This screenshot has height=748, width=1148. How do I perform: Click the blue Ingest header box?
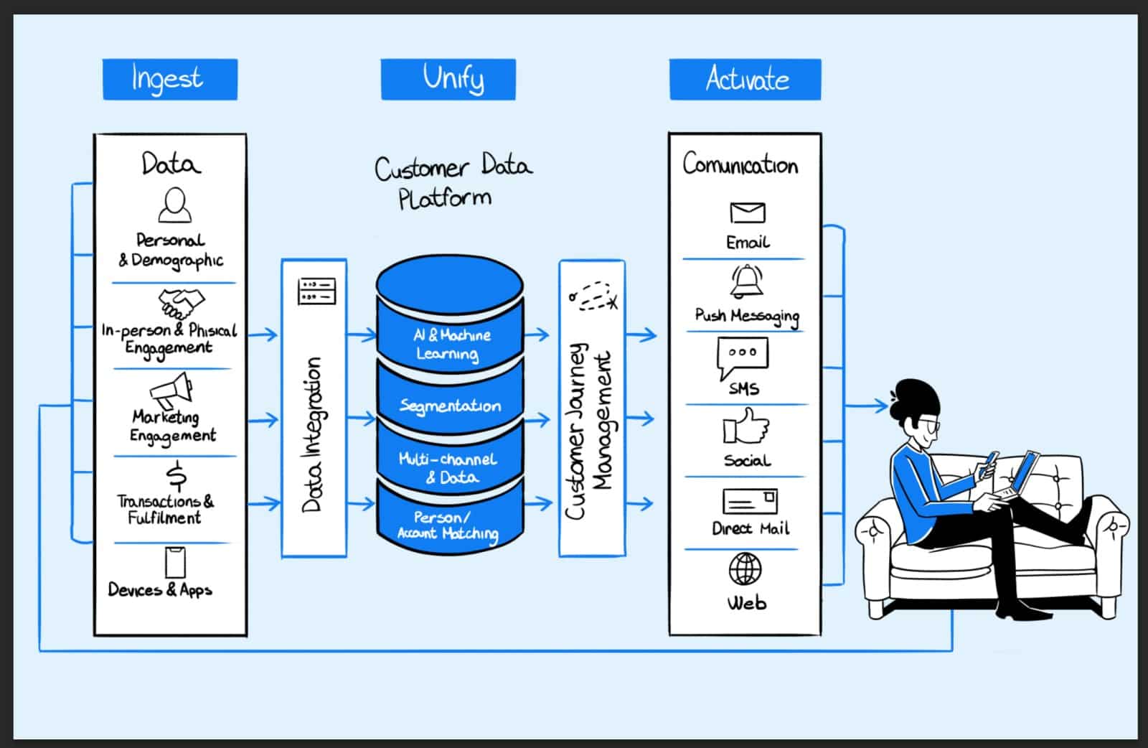tap(170, 79)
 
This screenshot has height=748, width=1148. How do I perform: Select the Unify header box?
tap(448, 79)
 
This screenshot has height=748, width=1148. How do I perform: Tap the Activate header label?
tap(745, 79)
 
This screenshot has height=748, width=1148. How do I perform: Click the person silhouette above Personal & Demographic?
tap(174, 205)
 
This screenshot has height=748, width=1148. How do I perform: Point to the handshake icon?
tap(181, 304)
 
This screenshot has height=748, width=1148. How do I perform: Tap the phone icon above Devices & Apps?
tap(175, 562)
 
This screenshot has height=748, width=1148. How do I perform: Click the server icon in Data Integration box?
tap(316, 291)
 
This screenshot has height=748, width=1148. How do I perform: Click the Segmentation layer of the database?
tap(450, 406)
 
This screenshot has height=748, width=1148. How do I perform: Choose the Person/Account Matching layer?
tap(449, 525)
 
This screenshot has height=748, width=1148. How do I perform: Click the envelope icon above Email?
tap(747, 212)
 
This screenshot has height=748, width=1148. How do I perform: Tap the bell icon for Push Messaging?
tap(747, 281)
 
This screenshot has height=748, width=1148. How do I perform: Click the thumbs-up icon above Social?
tap(745, 427)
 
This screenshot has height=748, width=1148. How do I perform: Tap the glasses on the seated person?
tap(931, 425)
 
